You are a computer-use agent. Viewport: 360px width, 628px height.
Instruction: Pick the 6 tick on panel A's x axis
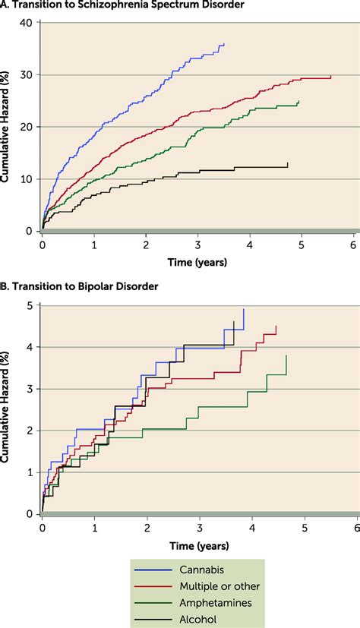point(353,246)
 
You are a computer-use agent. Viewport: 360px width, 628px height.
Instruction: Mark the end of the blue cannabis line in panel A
point(224,44)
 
